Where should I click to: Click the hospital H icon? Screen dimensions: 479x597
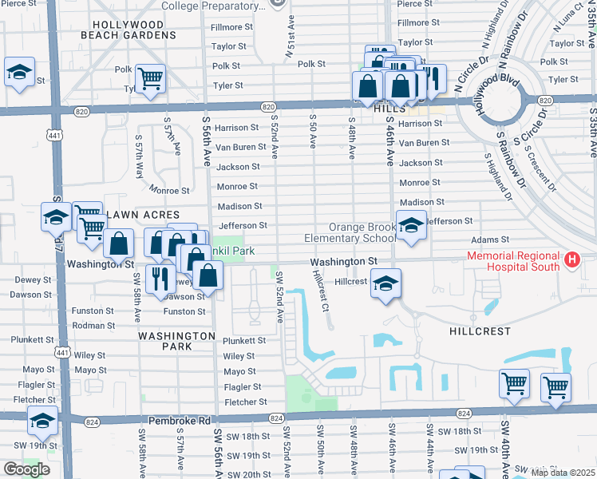(x=571, y=259)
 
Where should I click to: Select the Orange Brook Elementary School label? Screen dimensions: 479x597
(x=350, y=232)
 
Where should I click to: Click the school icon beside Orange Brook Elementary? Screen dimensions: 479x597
(x=411, y=226)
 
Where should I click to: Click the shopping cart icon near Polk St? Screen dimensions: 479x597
(x=149, y=77)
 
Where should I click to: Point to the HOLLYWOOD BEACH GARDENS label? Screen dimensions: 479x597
(x=133, y=30)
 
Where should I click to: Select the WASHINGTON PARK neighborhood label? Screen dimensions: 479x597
(x=176, y=341)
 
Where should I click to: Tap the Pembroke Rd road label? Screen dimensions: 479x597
(x=182, y=420)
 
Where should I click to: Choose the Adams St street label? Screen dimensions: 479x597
(x=489, y=239)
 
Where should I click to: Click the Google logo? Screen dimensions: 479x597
(x=26, y=469)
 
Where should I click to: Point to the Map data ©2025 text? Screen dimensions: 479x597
(x=562, y=473)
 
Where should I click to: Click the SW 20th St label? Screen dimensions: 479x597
(x=248, y=474)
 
